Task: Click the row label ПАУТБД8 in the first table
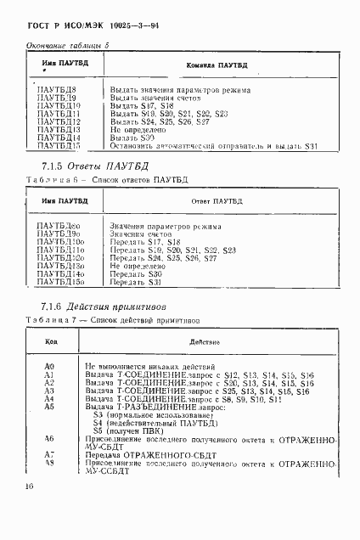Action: click(58, 88)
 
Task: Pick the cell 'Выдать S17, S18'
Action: click(141, 105)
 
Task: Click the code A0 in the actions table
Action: click(48, 364)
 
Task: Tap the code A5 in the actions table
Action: click(48, 407)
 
